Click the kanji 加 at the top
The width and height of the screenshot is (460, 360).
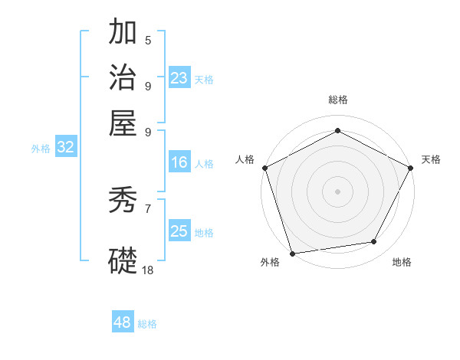click(123, 33)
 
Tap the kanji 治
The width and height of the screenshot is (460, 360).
click(123, 78)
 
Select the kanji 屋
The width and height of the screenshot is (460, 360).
click(123, 123)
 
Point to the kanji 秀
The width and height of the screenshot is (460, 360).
click(123, 201)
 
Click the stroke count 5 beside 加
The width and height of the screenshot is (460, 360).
click(148, 41)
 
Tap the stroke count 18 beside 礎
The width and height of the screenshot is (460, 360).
click(148, 270)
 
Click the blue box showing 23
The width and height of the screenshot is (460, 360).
click(179, 77)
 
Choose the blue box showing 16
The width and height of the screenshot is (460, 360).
click(179, 162)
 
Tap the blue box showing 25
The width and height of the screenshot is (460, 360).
click(179, 231)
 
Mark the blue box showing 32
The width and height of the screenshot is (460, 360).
click(66, 148)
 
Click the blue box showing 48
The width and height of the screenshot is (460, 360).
click(123, 322)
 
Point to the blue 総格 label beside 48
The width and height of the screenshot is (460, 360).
click(147, 324)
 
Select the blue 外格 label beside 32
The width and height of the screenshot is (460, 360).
click(41, 149)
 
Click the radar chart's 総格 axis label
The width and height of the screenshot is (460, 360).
click(337, 100)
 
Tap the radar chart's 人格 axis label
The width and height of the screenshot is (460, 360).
click(245, 159)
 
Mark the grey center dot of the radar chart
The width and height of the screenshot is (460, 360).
click(337, 191)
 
